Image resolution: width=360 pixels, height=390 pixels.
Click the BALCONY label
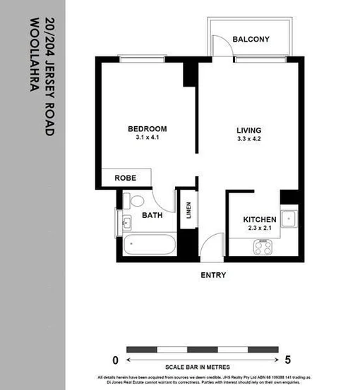click(251, 39)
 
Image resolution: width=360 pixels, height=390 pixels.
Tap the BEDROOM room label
click(147, 129)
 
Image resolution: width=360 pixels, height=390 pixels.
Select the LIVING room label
click(248, 130)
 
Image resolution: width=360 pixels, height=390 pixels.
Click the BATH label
click(153, 215)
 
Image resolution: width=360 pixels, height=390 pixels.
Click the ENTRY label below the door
click(213, 275)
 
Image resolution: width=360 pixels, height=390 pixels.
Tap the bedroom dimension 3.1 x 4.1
click(147, 139)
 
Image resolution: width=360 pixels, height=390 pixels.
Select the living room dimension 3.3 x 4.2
click(248, 140)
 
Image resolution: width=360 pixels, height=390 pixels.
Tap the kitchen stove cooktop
click(264, 247)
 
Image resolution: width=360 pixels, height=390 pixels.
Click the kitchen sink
click(289, 219)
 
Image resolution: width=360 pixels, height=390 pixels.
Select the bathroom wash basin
click(126, 224)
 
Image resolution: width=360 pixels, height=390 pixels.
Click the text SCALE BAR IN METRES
click(198, 367)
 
